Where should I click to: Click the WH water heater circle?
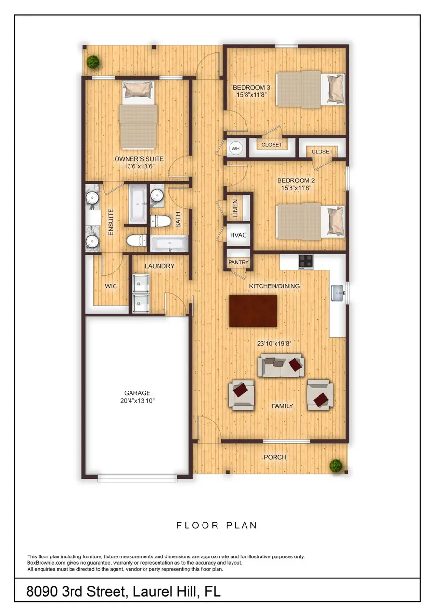(236, 148)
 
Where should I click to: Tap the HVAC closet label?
(238, 235)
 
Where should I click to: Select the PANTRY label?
(238, 262)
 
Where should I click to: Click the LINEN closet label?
(235, 208)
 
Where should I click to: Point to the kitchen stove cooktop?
(305, 261)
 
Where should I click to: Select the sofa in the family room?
(281, 366)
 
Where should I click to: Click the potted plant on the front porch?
(335, 466)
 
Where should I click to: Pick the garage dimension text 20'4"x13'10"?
(138, 401)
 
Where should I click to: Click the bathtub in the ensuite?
(137, 204)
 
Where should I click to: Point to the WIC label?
(112, 286)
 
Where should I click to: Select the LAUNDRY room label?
(159, 266)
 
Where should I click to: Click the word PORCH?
(275, 457)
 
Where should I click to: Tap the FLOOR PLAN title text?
(217, 525)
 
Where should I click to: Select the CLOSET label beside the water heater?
(272, 145)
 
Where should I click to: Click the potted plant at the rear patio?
(92, 61)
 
